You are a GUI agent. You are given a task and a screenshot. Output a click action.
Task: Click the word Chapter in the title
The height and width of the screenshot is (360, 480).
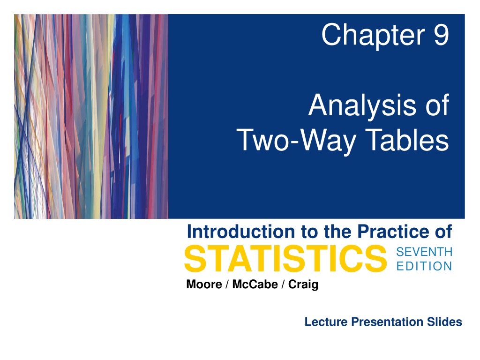(x=373, y=36)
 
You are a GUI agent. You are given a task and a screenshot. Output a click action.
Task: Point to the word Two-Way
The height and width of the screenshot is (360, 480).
(x=296, y=141)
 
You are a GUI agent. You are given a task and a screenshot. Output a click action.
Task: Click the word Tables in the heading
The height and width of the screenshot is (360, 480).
(x=407, y=139)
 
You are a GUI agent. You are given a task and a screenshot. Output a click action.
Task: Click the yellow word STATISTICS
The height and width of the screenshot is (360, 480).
(x=285, y=259)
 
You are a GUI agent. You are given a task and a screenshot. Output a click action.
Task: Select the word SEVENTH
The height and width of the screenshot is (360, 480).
(x=424, y=252)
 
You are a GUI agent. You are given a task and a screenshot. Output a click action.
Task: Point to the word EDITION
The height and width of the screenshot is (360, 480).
(x=424, y=266)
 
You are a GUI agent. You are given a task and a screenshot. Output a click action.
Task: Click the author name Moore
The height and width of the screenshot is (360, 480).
(x=204, y=284)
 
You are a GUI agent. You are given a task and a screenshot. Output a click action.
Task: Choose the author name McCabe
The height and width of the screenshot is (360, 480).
(x=255, y=284)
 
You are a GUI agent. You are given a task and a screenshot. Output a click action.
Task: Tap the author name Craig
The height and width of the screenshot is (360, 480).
(x=303, y=285)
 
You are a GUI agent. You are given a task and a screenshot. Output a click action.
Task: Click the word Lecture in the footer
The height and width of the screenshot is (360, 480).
(x=326, y=322)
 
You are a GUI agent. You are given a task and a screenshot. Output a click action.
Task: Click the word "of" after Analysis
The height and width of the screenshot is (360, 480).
(x=437, y=105)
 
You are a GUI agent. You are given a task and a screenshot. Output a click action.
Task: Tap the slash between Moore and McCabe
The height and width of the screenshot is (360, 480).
(x=227, y=285)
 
